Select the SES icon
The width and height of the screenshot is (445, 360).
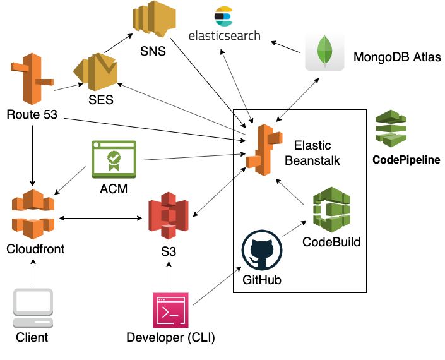95,71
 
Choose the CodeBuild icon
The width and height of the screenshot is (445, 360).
331,210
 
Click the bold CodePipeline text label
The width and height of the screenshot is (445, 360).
406,160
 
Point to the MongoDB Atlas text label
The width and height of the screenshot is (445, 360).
396,57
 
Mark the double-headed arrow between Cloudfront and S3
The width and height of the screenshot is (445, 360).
101,219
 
